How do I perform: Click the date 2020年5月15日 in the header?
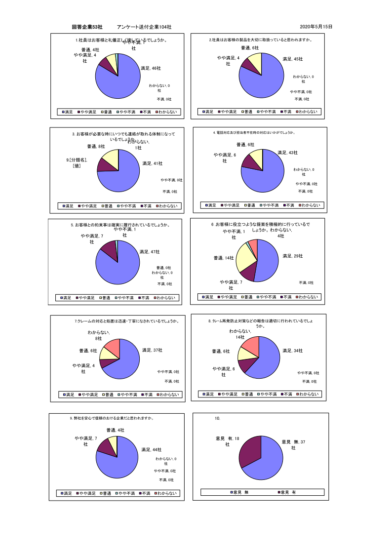[x=316, y=27]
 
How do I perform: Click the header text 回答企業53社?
[x=87, y=27]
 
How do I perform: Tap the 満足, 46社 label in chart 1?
[x=151, y=68]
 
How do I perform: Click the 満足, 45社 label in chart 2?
[x=292, y=59]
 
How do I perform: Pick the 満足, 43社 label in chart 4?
[x=287, y=153]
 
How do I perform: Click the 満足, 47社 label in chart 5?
[x=150, y=252]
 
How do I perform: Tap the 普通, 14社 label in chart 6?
[x=224, y=258]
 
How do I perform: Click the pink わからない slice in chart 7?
[x=114, y=347]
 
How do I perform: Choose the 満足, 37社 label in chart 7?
[x=152, y=350]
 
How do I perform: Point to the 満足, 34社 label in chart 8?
[x=292, y=351]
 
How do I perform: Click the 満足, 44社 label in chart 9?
[x=151, y=450]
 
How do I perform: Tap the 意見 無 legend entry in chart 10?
[x=240, y=492]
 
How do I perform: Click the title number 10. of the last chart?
[x=217, y=419]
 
